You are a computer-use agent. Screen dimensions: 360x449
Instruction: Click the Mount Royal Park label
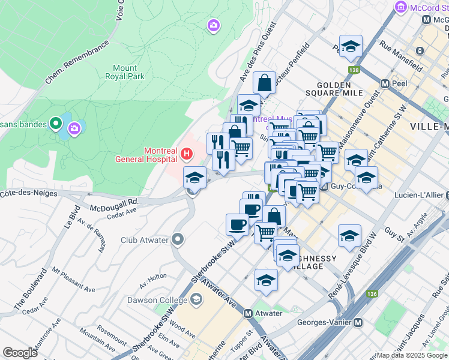coord(124,73)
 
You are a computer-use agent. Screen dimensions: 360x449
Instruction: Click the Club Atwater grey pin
coord(177,240)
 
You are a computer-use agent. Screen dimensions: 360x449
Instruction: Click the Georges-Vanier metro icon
coord(358,322)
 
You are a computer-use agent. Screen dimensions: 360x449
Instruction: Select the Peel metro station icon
coord(385,83)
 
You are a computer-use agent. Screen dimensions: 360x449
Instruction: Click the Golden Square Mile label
coord(344,89)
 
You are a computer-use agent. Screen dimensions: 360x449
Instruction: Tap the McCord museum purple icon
coord(401,8)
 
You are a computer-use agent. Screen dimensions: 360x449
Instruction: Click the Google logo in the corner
coord(20,353)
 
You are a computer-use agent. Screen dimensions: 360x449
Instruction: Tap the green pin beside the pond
coord(56,124)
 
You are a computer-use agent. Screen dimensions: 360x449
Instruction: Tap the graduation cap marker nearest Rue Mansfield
coord(351,46)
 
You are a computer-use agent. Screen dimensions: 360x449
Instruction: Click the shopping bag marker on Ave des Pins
coord(264,83)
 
